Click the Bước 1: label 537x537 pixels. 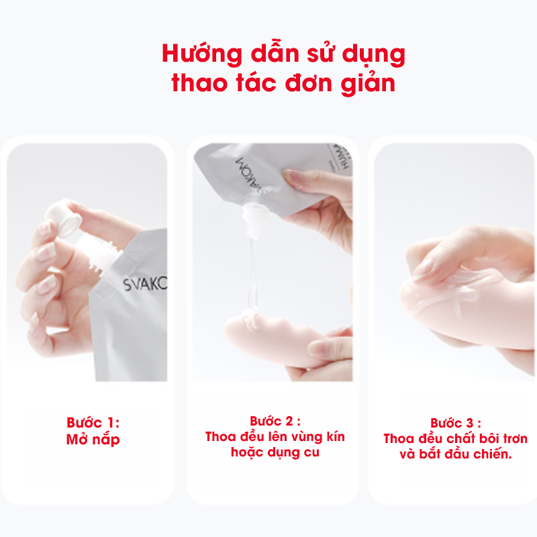click(93, 423)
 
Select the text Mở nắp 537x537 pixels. click(93, 440)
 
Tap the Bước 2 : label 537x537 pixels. click(275, 422)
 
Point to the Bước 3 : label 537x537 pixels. click(456, 423)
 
